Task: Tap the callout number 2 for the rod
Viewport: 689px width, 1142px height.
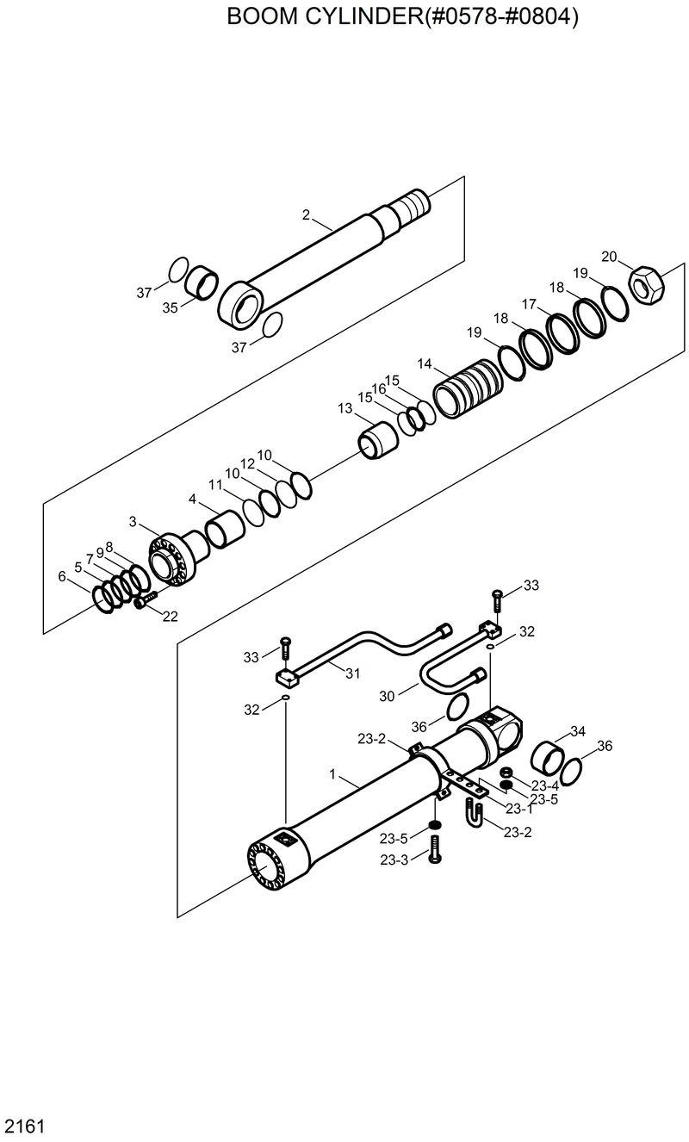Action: coord(306,214)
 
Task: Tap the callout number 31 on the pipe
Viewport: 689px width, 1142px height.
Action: coord(352,673)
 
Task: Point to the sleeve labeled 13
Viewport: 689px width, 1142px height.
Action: coord(376,440)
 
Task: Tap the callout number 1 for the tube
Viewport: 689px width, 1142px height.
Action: coord(332,774)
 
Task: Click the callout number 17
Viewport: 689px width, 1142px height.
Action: coord(529,304)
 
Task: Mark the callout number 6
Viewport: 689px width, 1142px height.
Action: coord(61,576)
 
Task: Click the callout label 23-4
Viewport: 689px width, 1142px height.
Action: coord(544,785)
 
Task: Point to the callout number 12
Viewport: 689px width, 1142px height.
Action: coord(247,463)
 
